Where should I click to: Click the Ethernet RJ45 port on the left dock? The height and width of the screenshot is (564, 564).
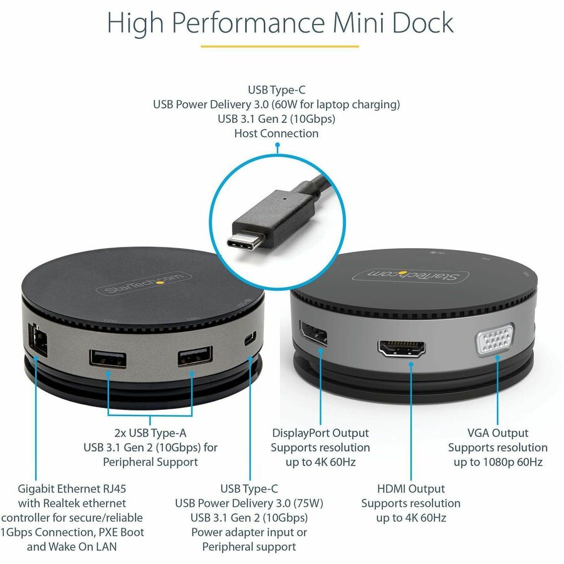(38, 340)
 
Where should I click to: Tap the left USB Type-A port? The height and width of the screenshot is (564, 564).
(108, 358)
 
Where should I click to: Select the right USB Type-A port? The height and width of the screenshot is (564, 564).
(196, 356)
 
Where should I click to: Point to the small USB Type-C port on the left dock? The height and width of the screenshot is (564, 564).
(250, 338)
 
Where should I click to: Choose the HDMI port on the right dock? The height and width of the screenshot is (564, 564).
(402, 348)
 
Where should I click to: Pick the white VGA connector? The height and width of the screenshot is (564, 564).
(495, 339)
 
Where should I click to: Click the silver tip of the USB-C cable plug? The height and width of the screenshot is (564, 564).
(246, 241)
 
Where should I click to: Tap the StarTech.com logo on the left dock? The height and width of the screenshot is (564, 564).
(144, 283)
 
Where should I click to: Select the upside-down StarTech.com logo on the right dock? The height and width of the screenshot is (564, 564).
(410, 276)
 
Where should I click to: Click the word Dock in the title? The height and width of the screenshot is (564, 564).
(422, 23)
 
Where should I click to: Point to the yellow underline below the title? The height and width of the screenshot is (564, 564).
(280, 46)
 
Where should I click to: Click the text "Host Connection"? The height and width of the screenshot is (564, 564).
(276, 133)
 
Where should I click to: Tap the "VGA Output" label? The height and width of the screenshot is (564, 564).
(498, 432)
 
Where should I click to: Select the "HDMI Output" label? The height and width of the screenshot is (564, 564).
(410, 488)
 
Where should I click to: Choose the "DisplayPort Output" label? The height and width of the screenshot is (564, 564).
(320, 432)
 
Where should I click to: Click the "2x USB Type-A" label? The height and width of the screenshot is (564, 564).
(150, 432)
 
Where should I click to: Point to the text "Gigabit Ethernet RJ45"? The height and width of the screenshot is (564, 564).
(72, 488)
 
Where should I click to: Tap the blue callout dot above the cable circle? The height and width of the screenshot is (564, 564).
(278, 145)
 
